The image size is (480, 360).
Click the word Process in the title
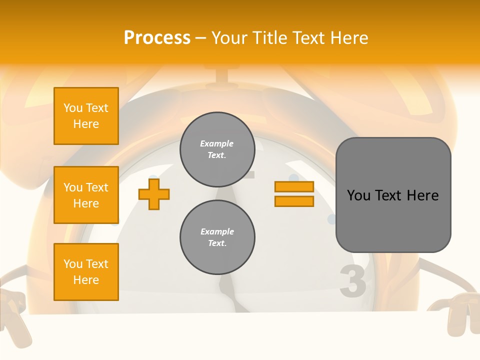[x=157, y=38]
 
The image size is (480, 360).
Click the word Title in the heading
[x=269, y=38]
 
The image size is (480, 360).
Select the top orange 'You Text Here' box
[x=86, y=116]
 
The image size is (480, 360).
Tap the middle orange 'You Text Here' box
[x=86, y=195]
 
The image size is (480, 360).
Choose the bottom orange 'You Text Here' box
[x=86, y=272]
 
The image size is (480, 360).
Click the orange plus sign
[x=154, y=194]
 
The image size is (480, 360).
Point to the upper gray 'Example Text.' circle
[x=217, y=149]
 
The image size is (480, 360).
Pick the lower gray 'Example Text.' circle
[x=217, y=237]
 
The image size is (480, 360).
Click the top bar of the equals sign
[x=294, y=187]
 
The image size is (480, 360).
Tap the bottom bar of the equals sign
[x=294, y=201]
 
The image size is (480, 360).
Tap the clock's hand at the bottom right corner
[x=456, y=315]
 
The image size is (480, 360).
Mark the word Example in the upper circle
[x=217, y=144]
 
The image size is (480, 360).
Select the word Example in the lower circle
[x=217, y=232]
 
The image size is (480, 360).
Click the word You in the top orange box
[x=73, y=108]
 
